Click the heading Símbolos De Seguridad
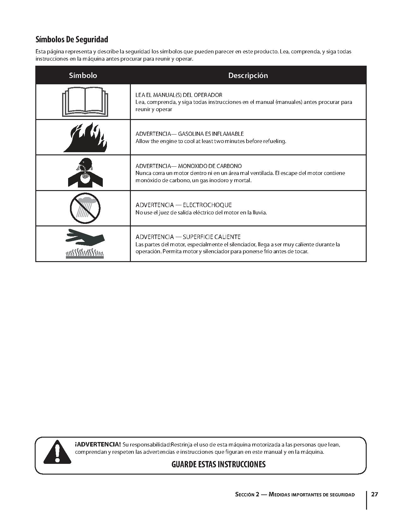coord(72,39)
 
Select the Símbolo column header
coord(83,75)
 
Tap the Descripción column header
coord(248,75)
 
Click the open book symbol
coord(85,102)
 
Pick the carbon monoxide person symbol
coord(85,172)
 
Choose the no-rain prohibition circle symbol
coord(85,208)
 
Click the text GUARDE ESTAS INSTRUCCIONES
coord(218,464)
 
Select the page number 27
coord(374,494)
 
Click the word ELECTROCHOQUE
coord(207,205)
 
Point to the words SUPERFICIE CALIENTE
coord(212,237)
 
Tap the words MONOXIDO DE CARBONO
coord(210,166)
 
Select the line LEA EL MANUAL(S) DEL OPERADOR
coord(179,95)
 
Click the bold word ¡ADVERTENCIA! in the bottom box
coord(98,445)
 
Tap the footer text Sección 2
coord(247,494)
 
